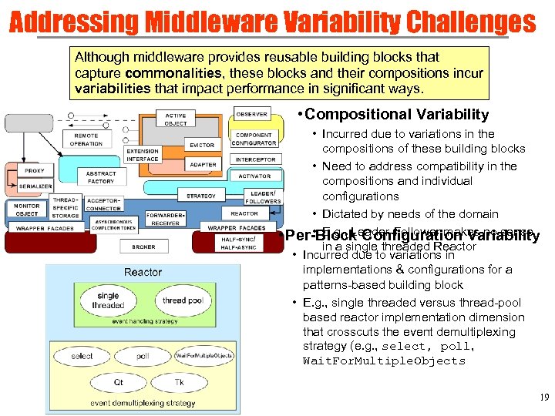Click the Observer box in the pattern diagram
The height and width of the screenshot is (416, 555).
coord(252,114)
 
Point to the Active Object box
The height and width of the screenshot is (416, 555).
coord(176,119)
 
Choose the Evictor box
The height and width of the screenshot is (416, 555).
coord(202,145)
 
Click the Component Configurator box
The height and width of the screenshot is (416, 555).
coord(254,139)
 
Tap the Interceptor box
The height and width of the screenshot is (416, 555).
coord(255,159)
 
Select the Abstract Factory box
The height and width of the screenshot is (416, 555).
coord(101,177)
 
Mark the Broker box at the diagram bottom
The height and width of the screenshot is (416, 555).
coord(143,247)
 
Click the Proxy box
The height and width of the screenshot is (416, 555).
coord(34,170)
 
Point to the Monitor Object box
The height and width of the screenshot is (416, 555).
coord(27,210)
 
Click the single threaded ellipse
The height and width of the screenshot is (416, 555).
coord(108,300)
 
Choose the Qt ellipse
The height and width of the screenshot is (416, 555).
coord(117,382)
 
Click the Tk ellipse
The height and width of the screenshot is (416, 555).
coord(179,382)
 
